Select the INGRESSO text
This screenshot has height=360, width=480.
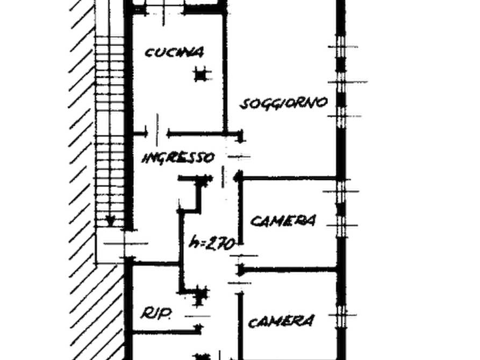178,158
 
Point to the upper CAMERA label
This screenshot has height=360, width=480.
283,220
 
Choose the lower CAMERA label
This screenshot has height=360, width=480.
281,321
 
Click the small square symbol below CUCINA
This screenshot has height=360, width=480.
200,75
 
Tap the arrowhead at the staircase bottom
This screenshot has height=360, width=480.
110,220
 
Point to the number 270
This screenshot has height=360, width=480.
219,244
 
